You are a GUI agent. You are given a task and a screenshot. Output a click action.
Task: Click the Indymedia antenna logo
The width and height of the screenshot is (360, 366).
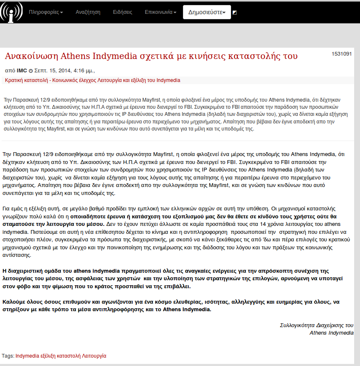pos(11,12)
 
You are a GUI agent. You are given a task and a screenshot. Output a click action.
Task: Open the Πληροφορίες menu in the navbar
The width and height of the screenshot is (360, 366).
pos(46,12)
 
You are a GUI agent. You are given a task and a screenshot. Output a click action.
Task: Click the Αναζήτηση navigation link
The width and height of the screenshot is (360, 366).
pos(88,12)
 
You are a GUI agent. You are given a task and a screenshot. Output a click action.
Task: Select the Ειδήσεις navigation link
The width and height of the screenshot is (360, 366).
pos(123,12)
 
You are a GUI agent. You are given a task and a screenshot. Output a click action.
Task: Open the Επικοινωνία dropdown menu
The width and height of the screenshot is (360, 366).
pos(160,12)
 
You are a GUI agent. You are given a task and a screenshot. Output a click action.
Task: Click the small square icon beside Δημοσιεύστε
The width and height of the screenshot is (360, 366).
pos(234,13)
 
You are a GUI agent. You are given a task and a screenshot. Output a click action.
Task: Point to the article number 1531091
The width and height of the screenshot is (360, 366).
pos(342,54)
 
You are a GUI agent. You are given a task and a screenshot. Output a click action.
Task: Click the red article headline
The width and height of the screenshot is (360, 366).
pos(151,56)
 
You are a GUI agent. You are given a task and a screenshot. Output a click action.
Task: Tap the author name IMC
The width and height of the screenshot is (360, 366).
pos(22,70)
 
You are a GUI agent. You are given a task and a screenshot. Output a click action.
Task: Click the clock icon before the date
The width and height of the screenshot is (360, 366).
pos(31,71)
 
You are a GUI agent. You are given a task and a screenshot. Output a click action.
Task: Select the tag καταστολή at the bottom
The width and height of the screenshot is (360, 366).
pos(73,356)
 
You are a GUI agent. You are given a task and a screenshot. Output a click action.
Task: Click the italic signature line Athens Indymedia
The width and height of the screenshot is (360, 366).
pos(332,333)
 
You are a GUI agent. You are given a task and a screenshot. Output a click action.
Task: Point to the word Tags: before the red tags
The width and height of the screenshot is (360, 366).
pos(8,356)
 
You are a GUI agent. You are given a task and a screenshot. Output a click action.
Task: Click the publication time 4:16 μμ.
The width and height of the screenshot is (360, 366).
pos(83,70)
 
